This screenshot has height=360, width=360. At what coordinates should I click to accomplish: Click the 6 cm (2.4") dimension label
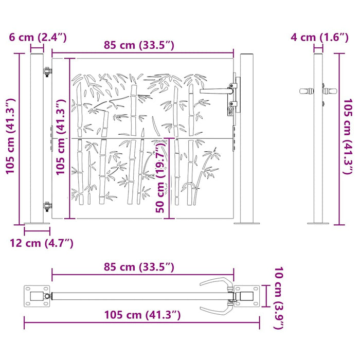(37, 38)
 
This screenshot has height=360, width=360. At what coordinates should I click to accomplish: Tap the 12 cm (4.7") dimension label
(41, 243)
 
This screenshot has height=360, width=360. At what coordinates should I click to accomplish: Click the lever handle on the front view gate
(216, 90)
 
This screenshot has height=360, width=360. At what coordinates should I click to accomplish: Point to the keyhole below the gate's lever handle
(230, 109)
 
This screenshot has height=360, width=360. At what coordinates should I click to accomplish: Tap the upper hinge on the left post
(47, 72)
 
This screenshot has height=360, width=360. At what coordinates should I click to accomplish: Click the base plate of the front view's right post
(246, 223)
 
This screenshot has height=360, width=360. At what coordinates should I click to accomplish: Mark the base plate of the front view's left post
(37, 223)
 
